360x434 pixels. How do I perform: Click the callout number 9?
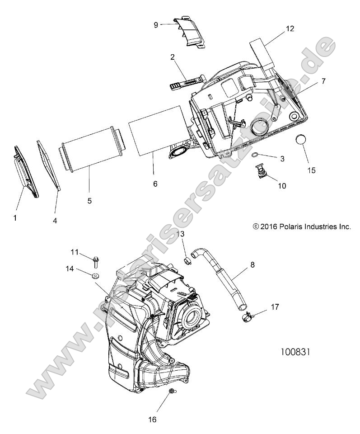[x=156, y=25]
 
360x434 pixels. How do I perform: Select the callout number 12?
[x=290, y=28]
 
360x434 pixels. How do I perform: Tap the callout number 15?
[x=311, y=170]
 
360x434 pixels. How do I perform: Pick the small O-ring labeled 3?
[x=255, y=156]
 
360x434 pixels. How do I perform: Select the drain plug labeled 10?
[x=260, y=170]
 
